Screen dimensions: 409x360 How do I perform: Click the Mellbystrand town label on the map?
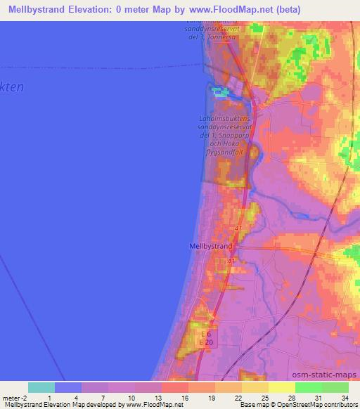[x=212, y=246]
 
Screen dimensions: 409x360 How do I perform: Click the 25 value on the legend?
[x=245, y=398]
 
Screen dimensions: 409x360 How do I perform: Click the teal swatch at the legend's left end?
[x=41, y=387]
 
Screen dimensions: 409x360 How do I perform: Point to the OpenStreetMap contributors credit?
[x=321, y=405]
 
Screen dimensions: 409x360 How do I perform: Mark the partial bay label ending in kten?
[x=12, y=88]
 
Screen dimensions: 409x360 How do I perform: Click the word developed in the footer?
[x=102, y=405]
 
